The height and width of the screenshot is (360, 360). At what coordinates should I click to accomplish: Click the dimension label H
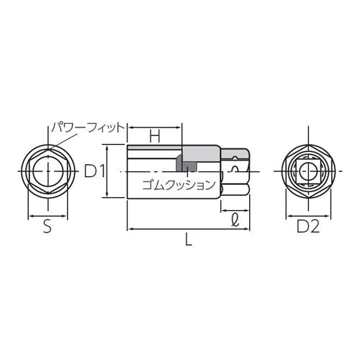pyautogui.click(x=155, y=136)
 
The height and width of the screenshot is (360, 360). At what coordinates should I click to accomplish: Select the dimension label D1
pyautogui.click(x=94, y=171)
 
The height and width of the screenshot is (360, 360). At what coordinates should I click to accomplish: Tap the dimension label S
pyautogui.click(x=48, y=226)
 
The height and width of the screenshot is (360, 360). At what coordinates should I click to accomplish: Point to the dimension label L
pyautogui.click(x=189, y=239)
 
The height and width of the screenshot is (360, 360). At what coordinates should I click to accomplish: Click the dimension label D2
pyautogui.click(x=308, y=226)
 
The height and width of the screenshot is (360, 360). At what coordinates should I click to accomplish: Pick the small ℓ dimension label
pyautogui.click(x=235, y=220)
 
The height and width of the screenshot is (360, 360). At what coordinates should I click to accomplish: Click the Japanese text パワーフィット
pyautogui.click(x=88, y=127)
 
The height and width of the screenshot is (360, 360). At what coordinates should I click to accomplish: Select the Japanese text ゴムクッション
pyautogui.click(x=179, y=185)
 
